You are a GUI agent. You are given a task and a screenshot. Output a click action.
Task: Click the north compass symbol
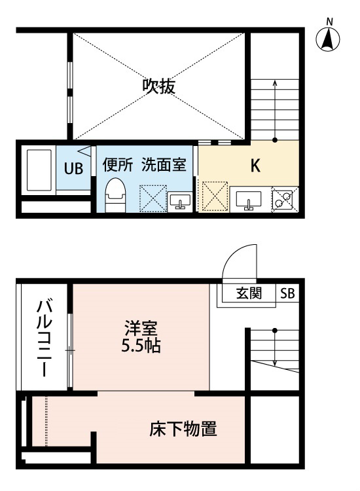coord(328,40)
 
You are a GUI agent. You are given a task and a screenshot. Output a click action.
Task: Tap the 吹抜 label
coord(158,86)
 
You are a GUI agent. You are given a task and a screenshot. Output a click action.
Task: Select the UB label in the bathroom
coord(73,168)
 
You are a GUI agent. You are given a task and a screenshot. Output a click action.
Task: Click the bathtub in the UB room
coord(39,170)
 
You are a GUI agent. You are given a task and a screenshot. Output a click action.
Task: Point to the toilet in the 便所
coord(115,195)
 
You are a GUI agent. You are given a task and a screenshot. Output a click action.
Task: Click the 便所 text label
coord(118,165)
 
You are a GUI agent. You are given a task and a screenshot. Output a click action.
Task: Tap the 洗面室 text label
coord(164,165)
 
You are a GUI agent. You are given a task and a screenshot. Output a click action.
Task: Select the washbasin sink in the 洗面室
coord(180,202)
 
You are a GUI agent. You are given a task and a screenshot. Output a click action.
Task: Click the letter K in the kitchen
coord(255,166)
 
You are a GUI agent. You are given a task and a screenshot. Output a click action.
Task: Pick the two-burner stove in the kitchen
coord(282,200)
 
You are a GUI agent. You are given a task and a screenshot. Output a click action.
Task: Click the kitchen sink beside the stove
coord(249,200)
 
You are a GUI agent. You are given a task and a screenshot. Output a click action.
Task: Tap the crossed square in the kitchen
coord(215,196)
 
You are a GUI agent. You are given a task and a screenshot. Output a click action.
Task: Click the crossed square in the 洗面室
coord(153,199)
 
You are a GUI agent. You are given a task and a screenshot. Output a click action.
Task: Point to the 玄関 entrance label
coord(249,293)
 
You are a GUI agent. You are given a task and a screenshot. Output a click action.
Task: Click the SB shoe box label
coord(287,293)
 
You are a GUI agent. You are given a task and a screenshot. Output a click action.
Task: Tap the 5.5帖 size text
coord(141,346)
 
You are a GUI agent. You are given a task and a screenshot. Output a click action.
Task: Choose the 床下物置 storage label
coord(183,429)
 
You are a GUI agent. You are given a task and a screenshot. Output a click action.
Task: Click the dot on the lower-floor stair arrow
coord(275,331)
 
